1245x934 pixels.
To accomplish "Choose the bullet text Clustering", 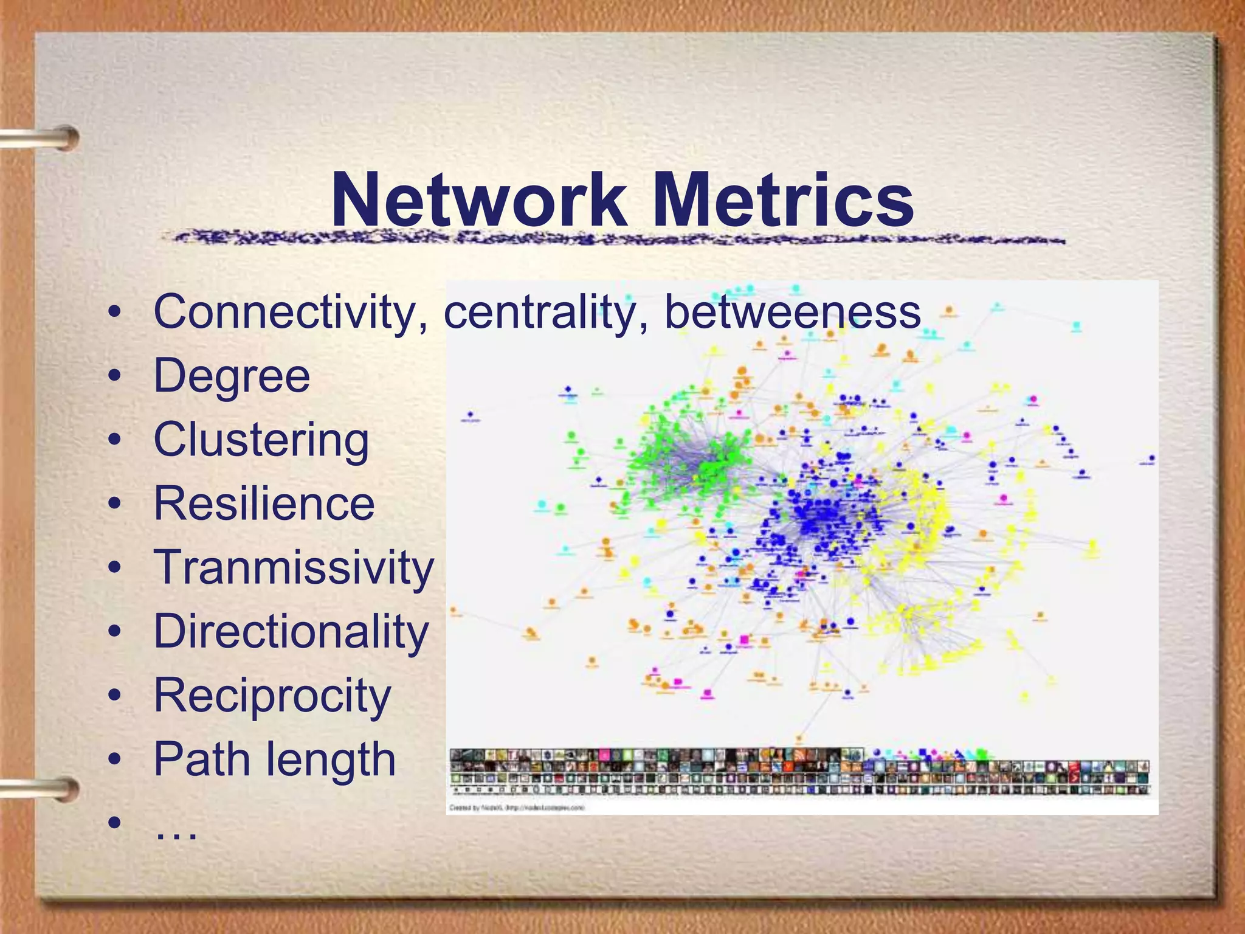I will tap(261, 440).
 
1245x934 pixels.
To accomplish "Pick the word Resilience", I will tap(264, 504).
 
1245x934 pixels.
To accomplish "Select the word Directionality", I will tap(291, 632).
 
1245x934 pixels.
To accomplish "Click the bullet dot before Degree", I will tap(114, 378).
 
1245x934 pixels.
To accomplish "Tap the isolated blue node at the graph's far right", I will tap(1152, 458).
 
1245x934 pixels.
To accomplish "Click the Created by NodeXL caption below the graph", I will tap(517, 808).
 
